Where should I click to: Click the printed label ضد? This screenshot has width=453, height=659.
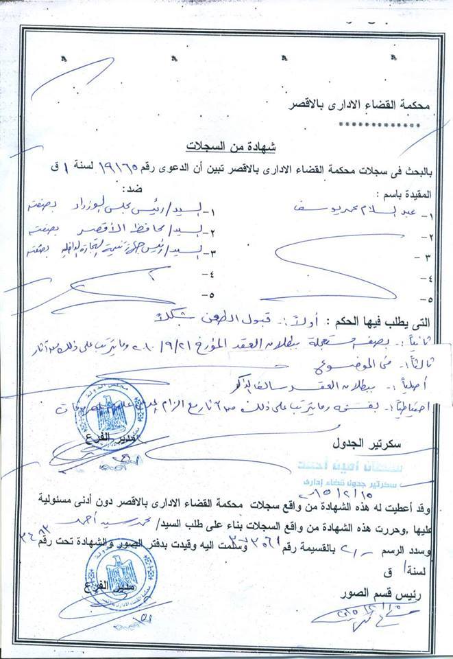[127, 187]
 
